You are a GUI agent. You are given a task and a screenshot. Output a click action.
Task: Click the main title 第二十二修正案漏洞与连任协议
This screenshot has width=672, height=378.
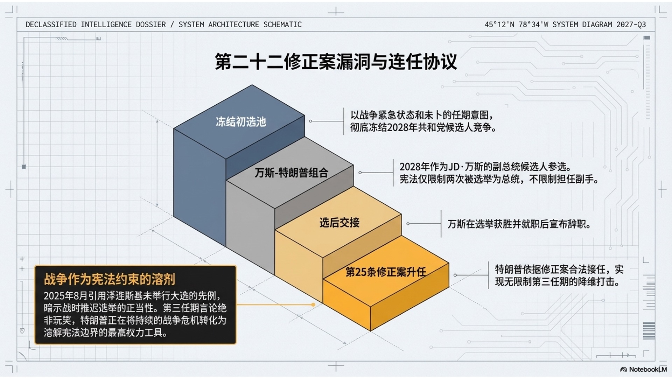[x=336, y=62]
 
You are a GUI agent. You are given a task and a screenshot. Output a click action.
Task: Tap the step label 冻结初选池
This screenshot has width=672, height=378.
[x=241, y=122]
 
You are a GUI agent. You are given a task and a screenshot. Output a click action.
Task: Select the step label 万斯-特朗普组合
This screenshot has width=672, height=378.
[x=291, y=173]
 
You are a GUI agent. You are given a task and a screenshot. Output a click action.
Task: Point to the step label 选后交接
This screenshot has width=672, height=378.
[x=339, y=223]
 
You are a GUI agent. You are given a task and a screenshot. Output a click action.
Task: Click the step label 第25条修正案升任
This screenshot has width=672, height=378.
[x=386, y=272]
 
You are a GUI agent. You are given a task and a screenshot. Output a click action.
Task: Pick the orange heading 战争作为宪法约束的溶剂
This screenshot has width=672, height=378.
[x=110, y=279]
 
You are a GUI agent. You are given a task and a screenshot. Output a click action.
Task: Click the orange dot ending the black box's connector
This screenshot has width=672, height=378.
[x=313, y=304]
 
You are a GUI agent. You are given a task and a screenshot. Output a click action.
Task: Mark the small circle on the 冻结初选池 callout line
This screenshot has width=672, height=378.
[x=310, y=121]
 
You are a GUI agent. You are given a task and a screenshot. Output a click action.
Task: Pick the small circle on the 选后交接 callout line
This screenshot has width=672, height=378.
[x=408, y=224]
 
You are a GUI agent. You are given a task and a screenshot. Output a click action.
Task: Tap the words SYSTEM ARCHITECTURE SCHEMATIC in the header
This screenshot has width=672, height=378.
[x=240, y=24]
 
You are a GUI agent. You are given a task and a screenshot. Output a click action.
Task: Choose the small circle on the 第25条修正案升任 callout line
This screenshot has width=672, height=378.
[x=455, y=275]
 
